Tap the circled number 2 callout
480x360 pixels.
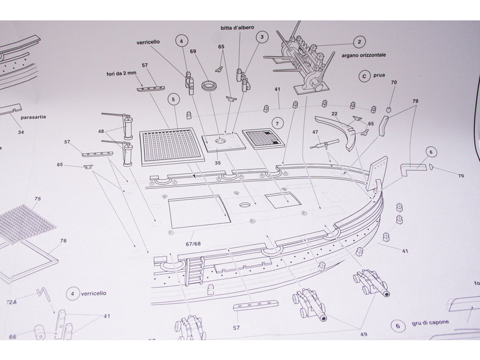pos(359,42)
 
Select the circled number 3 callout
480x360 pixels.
pos(261,37)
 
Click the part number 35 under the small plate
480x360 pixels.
pos(218,162)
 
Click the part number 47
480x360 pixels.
pos(315,131)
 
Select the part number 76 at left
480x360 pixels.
pos(63,241)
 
